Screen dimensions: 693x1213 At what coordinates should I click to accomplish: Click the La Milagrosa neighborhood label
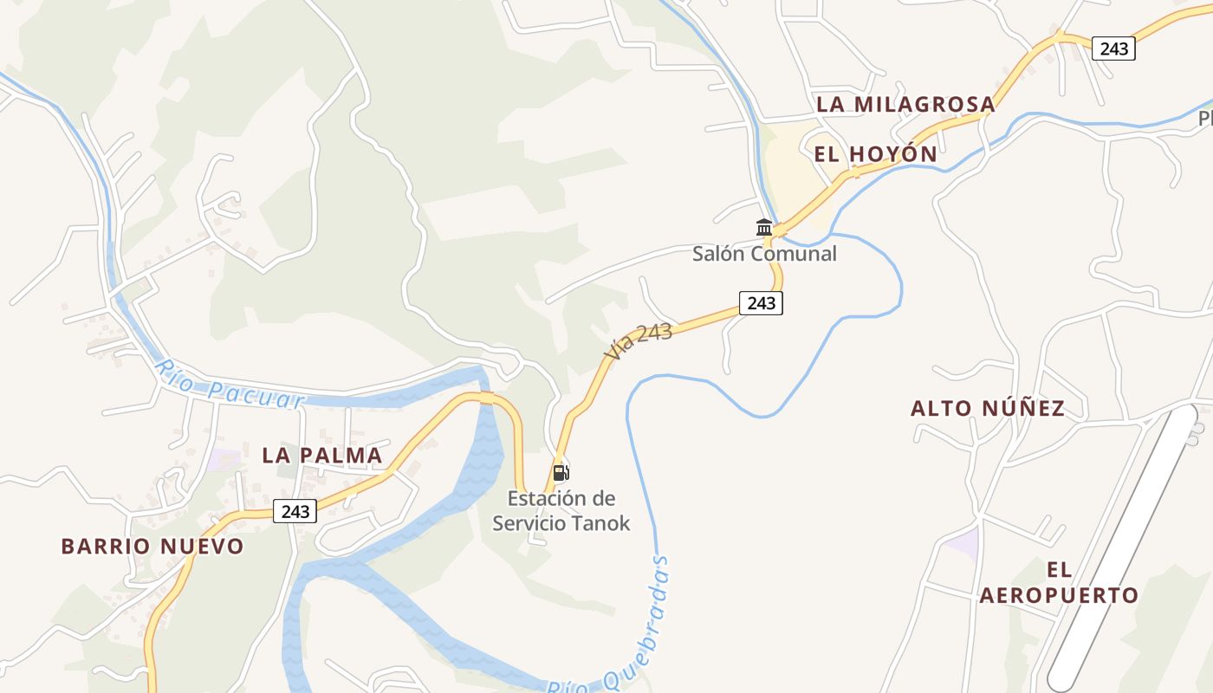(x=905, y=104)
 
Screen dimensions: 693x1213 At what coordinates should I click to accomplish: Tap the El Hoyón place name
(x=875, y=154)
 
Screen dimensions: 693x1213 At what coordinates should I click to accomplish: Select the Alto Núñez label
(x=988, y=408)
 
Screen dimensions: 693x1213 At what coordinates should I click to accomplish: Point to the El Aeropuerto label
(x=1058, y=583)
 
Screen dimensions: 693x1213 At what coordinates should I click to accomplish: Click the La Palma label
(x=321, y=455)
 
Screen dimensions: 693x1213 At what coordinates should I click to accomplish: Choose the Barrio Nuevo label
(x=152, y=547)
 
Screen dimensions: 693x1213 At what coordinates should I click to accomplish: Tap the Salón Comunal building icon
(x=764, y=228)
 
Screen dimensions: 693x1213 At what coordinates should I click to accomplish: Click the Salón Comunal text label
(x=764, y=254)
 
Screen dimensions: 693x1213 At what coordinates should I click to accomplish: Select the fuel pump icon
(x=561, y=473)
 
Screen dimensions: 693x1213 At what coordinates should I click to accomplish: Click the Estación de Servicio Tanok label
(x=561, y=511)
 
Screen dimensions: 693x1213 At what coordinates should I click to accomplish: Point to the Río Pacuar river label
(x=230, y=386)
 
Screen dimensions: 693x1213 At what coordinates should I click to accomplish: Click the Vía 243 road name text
(x=639, y=342)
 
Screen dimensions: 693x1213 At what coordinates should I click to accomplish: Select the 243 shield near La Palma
(x=295, y=511)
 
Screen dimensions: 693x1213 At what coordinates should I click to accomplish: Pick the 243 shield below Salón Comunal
(x=761, y=303)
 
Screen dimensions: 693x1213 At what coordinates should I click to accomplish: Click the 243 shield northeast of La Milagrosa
(x=1113, y=49)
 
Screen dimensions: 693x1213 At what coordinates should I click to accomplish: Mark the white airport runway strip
(x=1126, y=546)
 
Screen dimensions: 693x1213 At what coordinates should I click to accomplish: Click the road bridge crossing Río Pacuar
(x=486, y=398)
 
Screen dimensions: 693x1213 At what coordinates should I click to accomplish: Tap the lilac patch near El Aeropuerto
(x=962, y=544)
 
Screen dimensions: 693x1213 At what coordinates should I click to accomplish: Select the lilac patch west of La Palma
(x=224, y=459)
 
